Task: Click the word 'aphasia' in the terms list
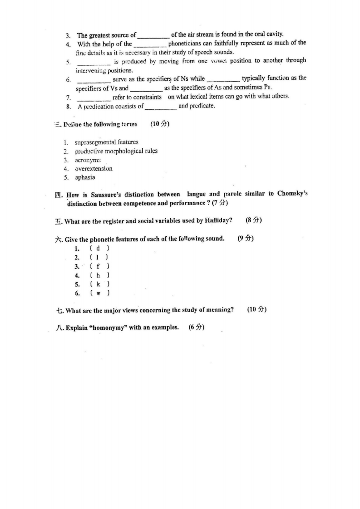(85, 177)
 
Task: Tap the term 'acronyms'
(88, 160)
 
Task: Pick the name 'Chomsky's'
(292, 194)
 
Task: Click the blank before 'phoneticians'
(150, 44)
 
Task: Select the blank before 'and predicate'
(161, 107)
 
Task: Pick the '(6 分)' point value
(197, 328)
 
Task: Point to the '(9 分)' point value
(246, 239)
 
